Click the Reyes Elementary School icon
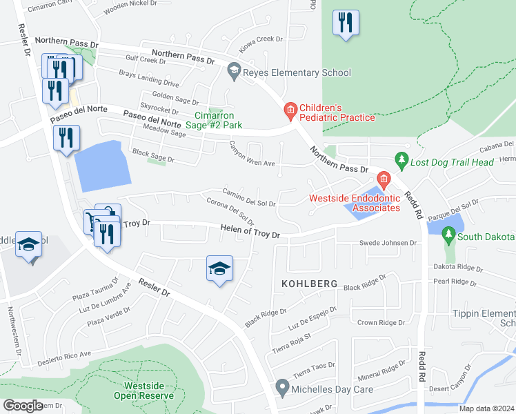click(x=234, y=72)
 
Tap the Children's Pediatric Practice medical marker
click(x=290, y=110)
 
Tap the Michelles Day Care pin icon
click(x=281, y=388)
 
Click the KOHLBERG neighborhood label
click(x=308, y=284)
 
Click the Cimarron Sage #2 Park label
click(x=218, y=121)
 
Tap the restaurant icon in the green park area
click(x=345, y=22)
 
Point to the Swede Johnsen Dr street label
click(x=388, y=243)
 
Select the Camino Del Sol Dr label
click(x=248, y=197)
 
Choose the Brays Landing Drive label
click(x=149, y=79)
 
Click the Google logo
click(x=23, y=406)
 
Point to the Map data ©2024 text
click(x=485, y=408)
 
